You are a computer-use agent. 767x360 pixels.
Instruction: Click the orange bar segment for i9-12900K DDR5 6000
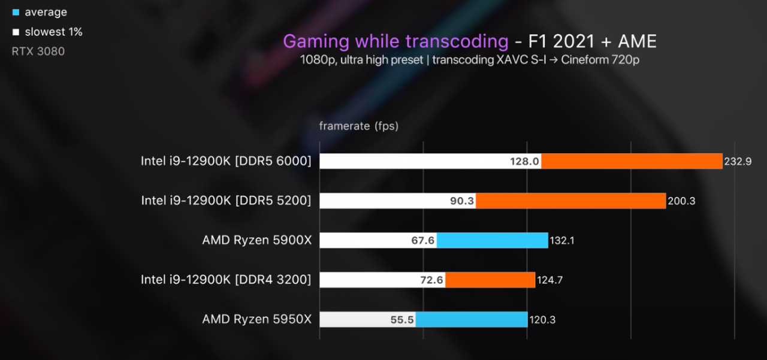coord(632,161)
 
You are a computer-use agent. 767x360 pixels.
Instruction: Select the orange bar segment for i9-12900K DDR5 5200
coord(570,201)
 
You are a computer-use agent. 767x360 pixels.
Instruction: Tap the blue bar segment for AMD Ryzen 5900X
coord(492,240)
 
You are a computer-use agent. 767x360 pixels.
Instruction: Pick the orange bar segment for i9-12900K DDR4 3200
coord(490,280)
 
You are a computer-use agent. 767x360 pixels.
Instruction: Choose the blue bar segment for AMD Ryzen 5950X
coord(471,319)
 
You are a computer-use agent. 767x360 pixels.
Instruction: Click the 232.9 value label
coord(738,162)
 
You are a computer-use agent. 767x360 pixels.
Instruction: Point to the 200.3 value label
coord(681,201)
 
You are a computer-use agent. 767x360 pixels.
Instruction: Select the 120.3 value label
coord(542,320)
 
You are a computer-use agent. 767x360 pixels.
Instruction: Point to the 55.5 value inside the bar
coord(401,320)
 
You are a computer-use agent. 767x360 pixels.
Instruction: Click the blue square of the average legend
coord(16,12)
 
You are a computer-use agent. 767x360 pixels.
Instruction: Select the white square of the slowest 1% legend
coord(16,32)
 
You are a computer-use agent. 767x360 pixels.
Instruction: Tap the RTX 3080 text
coord(38,52)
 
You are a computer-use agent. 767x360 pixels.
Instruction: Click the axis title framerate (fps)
coord(358,126)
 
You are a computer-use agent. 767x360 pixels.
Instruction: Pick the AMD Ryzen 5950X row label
coord(256,319)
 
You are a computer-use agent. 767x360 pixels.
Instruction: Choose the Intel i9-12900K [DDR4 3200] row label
coord(226,280)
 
